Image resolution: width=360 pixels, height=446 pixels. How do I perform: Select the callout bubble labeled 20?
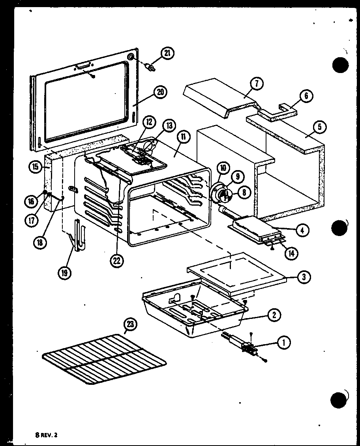[160, 93]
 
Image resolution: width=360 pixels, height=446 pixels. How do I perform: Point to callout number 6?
[307, 96]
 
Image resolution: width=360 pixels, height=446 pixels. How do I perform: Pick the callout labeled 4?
[302, 230]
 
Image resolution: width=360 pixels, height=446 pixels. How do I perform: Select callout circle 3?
[303, 277]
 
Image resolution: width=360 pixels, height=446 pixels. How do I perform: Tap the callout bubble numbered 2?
[274, 315]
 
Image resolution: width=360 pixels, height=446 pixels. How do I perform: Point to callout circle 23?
[130, 325]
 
